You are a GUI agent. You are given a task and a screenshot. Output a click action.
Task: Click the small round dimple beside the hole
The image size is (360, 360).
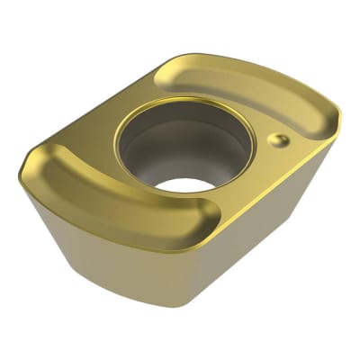click(280, 139)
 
